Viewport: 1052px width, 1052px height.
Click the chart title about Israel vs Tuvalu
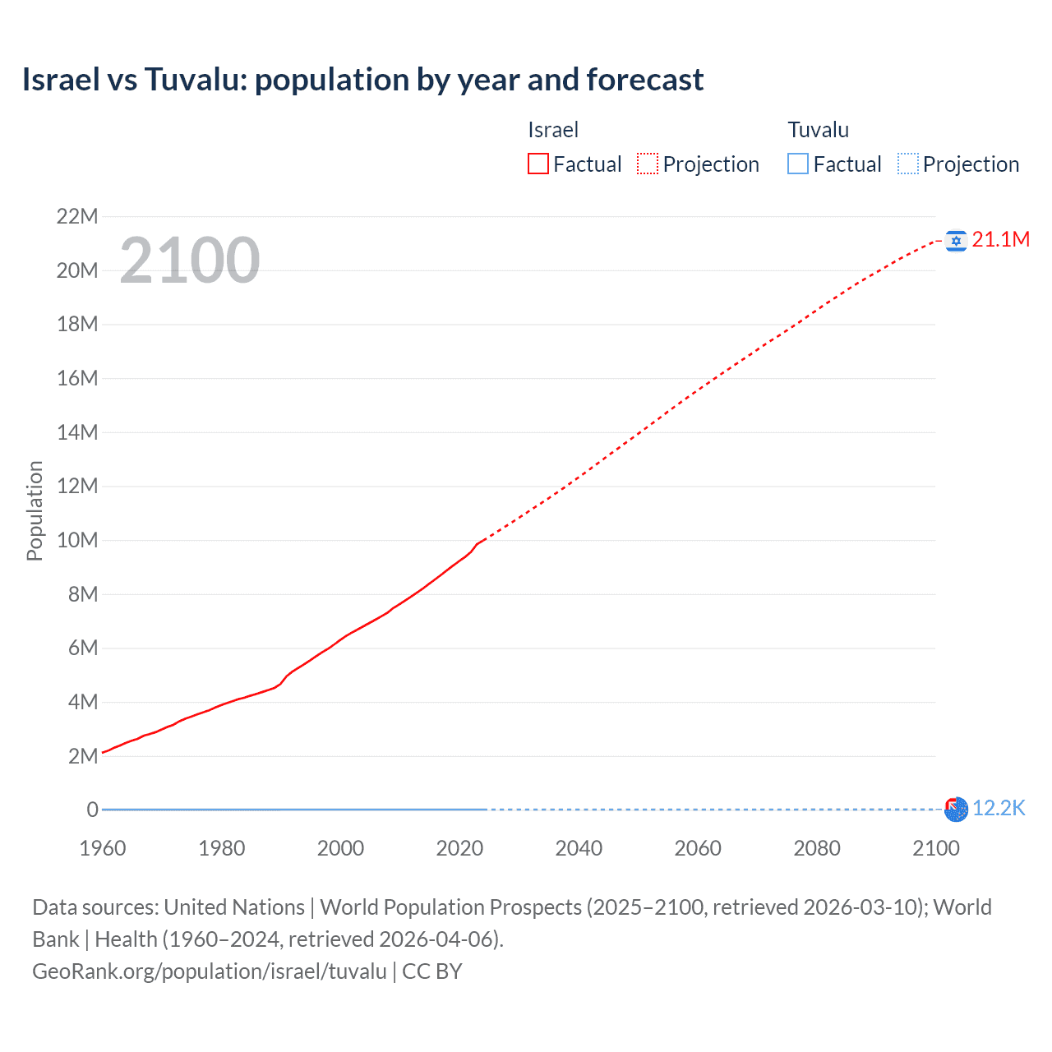(362, 80)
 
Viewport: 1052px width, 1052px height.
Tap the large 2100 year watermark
(190, 261)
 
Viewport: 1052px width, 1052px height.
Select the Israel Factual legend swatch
(538, 164)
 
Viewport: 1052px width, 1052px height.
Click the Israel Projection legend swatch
(648, 164)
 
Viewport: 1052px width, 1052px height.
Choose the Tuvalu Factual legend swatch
(798, 164)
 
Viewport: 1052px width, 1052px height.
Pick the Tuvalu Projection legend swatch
(908, 164)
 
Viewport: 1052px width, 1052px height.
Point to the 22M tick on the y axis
(77, 217)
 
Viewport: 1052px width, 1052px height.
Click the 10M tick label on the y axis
(77, 541)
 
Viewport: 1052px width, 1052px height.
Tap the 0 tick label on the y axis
(92, 810)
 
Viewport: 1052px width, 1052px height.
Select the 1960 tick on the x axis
(103, 848)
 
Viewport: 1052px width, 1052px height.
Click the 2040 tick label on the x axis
(579, 848)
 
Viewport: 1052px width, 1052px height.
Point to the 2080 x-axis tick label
(817, 848)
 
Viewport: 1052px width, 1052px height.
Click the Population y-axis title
(35, 510)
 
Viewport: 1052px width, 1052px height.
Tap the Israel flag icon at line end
(956, 241)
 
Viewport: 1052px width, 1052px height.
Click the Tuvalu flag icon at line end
(956, 810)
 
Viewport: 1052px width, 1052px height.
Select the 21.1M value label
(1000, 239)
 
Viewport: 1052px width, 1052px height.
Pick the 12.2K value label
(999, 809)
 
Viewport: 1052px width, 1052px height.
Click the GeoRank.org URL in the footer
(209, 971)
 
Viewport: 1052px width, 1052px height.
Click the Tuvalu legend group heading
(818, 130)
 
